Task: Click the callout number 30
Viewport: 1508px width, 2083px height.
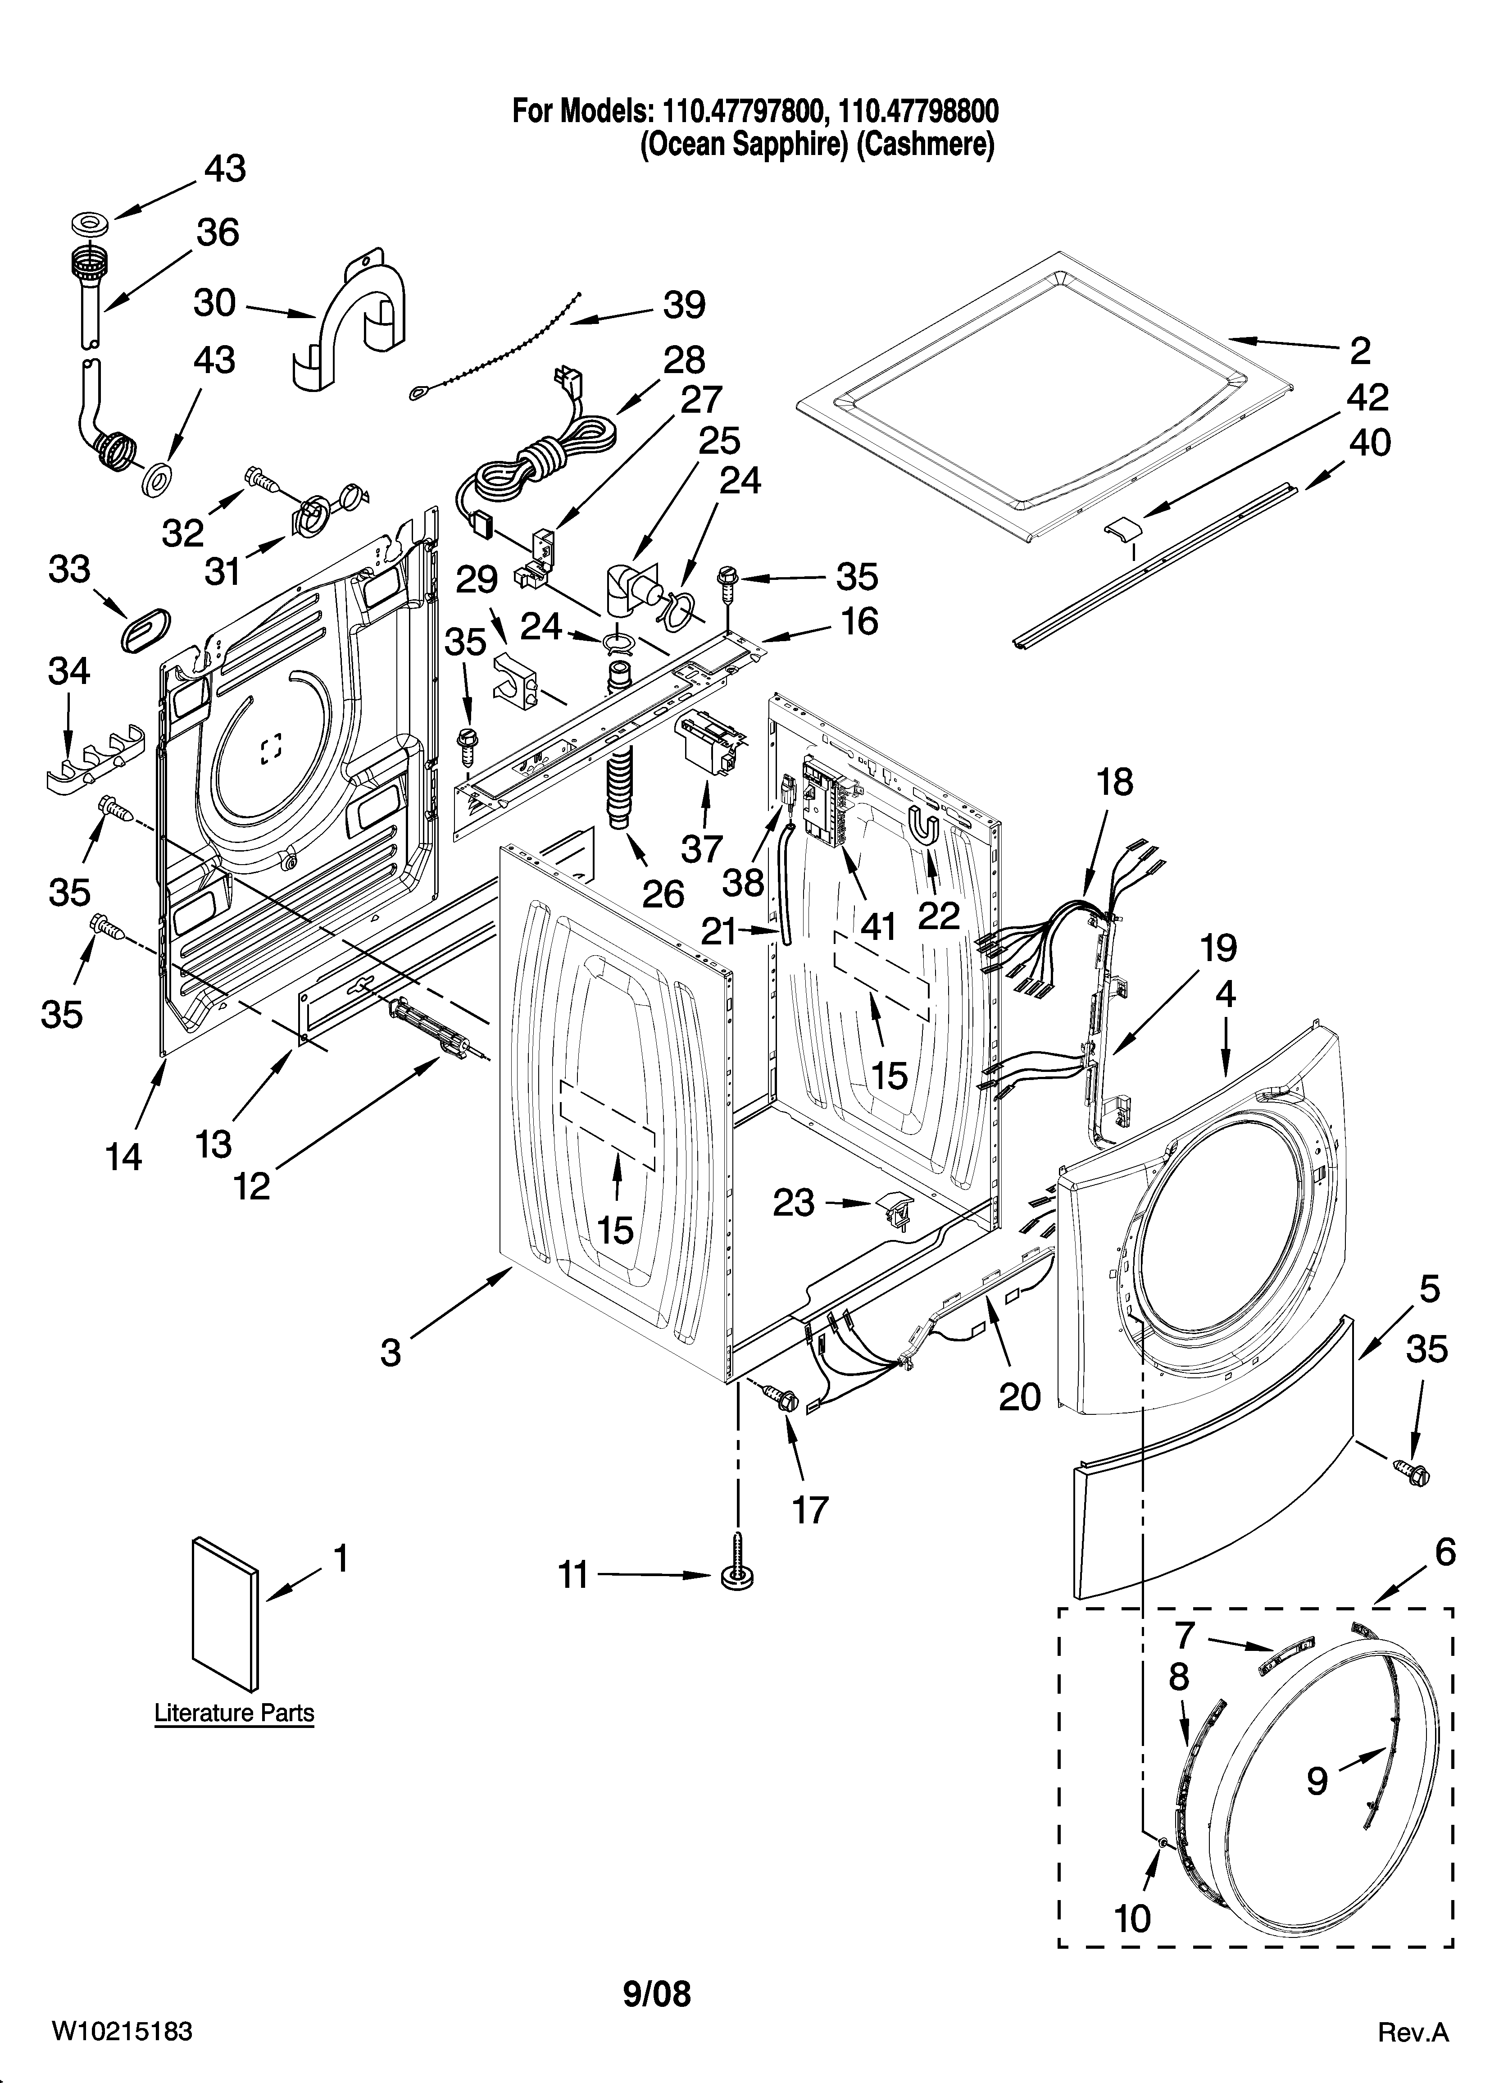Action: click(x=215, y=303)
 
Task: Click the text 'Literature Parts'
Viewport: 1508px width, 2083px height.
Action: click(x=234, y=1713)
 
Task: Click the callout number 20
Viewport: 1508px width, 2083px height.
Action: click(x=1019, y=1397)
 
